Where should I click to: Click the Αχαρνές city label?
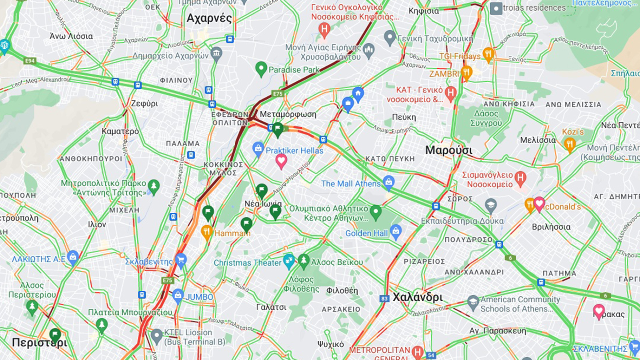tap(209, 18)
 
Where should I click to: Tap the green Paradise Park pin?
tap(261, 69)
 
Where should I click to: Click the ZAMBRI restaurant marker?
tap(466, 73)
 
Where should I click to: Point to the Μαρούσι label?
tap(448, 150)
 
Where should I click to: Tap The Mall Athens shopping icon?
tap(388, 182)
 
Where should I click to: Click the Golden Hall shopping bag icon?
tap(396, 232)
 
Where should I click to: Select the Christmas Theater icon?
tap(288, 261)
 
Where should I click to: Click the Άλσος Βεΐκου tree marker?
tap(304, 261)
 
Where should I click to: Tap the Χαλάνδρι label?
tap(418, 297)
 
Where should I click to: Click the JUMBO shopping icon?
tap(178, 296)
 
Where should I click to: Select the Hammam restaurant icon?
tap(206, 232)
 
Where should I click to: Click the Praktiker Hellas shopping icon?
tap(258, 149)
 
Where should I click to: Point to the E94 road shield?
tap(30, 61)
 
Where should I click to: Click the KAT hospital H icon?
tap(451, 93)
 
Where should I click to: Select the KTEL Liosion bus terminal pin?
tap(157, 335)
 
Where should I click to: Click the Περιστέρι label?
tap(39, 343)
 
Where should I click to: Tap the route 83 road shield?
tap(384, 298)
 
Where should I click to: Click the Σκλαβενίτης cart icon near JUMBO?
tap(181, 260)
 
